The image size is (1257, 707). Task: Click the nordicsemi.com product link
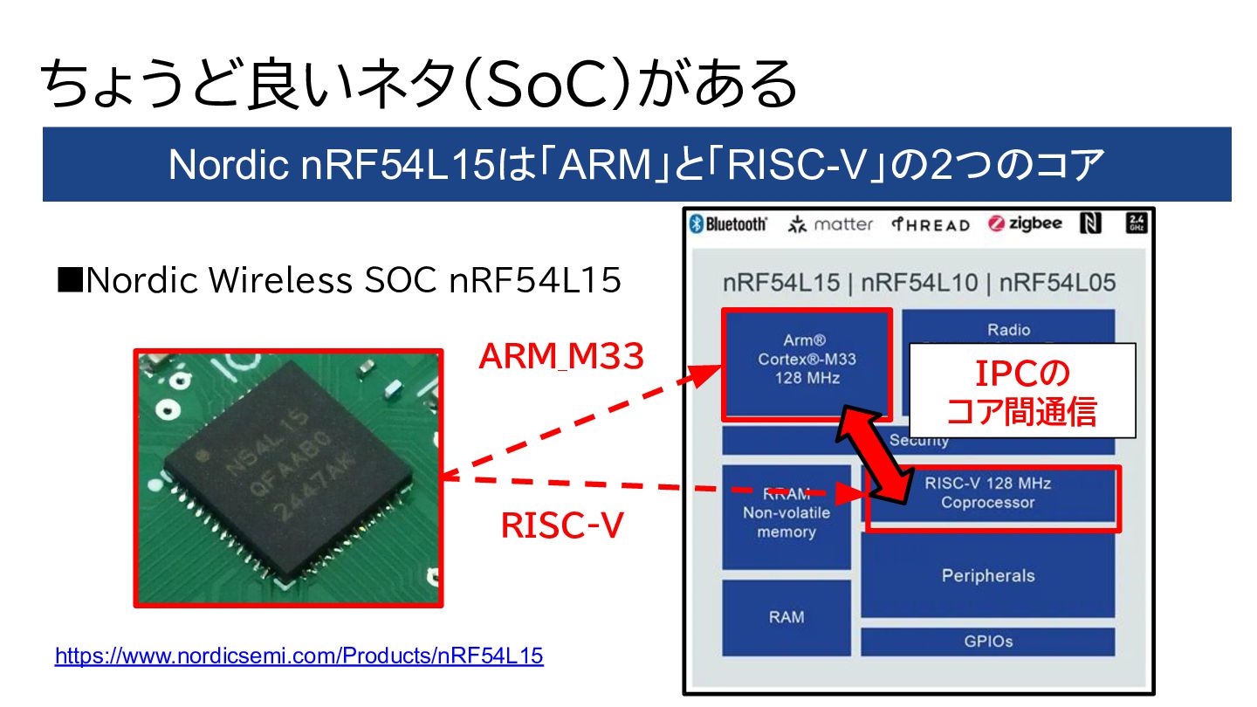[x=299, y=656]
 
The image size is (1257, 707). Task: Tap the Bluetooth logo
[x=729, y=224]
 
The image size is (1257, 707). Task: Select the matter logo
[x=830, y=224]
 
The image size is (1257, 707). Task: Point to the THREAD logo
[x=931, y=224]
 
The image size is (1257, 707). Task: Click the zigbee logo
[x=1026, y=223]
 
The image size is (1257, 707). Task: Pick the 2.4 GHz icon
[x=1137, y=223]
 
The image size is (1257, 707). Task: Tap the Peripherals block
[x=987, y=575]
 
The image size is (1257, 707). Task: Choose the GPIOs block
[x=987, y=641]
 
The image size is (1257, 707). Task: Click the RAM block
[x=786, y=617]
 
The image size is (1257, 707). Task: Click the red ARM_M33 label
[x=561, y=355]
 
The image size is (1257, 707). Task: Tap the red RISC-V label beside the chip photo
[x=561, y=525]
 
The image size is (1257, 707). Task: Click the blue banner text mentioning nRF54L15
[x=636, y=164]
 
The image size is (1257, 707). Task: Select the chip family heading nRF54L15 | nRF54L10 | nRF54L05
[x=918, y=283]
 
